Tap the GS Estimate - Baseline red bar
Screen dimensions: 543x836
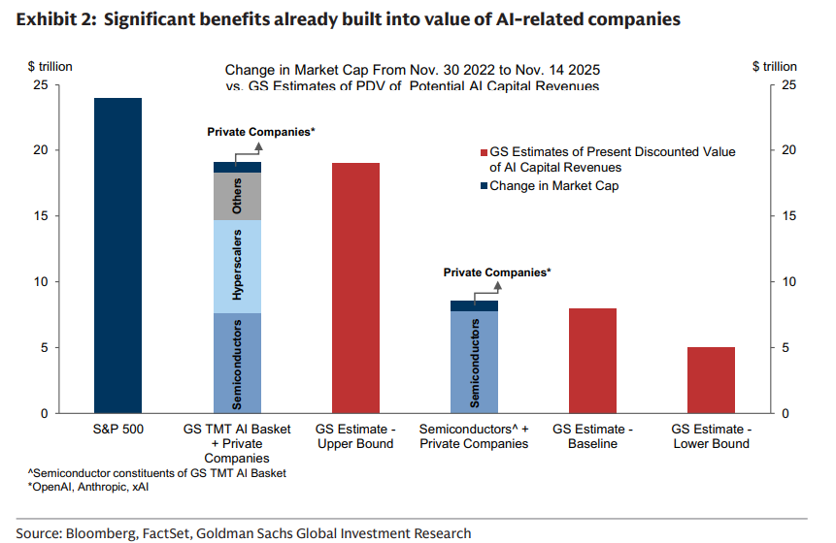tap(593, 361)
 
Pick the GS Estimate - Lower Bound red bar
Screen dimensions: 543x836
tap(712, 380)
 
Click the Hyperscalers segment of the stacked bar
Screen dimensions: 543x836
tap(237, 267)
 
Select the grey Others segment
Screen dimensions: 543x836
tap(237, 197)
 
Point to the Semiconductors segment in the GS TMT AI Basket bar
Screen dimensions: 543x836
tap(237, 363)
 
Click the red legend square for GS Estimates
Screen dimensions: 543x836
tap(484, 153)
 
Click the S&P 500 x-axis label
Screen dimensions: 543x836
tap(117, 429)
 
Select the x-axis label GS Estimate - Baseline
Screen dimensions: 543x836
tap(593, 435)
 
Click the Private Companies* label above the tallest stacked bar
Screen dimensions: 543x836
tap(261, 131)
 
